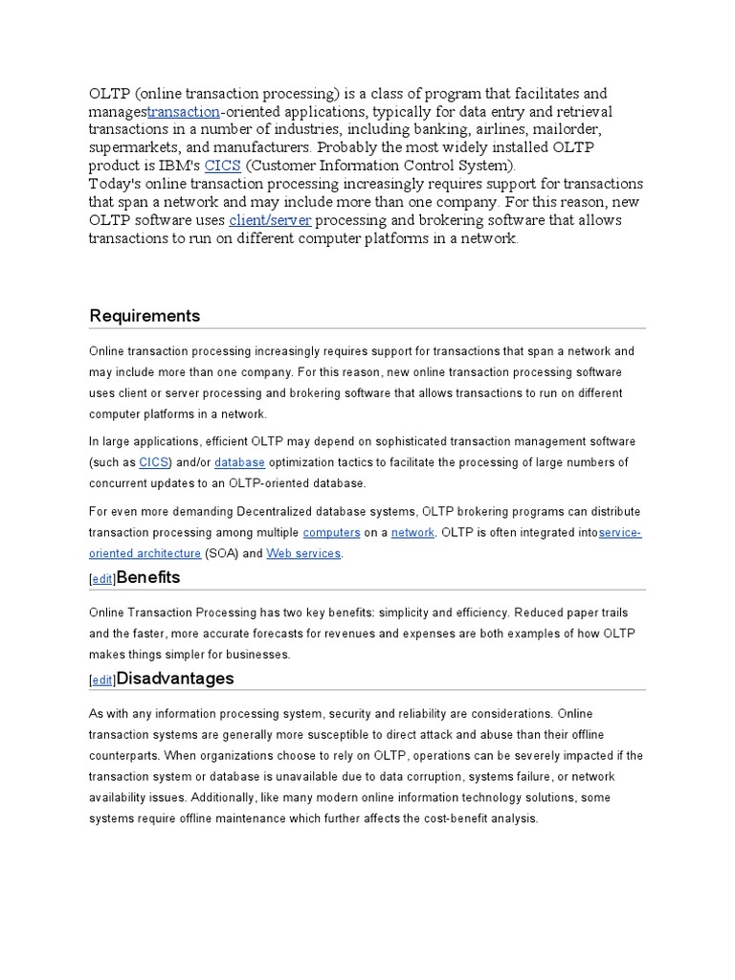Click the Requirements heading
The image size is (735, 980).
pyautogui.click(x=145, y=316)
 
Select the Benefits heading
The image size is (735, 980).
pyautogui.click(x=147, y=578)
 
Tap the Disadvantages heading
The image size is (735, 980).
pyautogui.click(x=174, y=679)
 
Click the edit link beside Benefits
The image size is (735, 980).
pyautogui.click(x=101, y=580)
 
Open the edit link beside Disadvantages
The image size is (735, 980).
pyautogui.click(x=101, y=680)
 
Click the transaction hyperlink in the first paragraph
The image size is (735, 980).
pyautogui.click(x=183, y=111)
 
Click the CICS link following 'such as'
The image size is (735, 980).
pyautogui.click(x=153, y=462)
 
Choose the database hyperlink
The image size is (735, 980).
pyautogui.click(x=239, y=462)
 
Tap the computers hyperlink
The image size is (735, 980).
pyautogui.click(x=331, y=532)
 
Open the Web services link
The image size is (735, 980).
pyautogui.click(x=302, y=553)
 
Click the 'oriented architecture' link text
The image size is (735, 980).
pyautogui.click(x=145, y=553)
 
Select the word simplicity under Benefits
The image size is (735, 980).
pyautogui.click(x=414, y=612)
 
